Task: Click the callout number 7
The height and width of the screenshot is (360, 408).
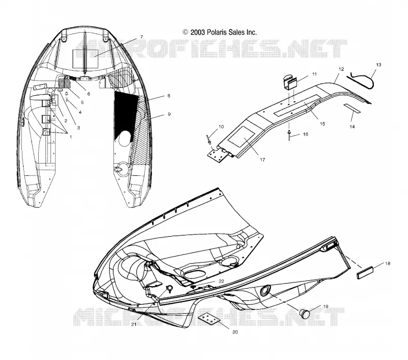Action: pos(142,37)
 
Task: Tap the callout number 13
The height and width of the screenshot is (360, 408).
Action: pos(378,65)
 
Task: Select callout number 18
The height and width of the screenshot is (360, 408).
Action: pos(388,264)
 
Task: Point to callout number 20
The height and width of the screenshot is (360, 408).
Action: pos(235,332)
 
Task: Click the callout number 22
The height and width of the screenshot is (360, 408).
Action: pos(221,281)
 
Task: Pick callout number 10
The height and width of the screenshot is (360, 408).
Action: pos(221,126)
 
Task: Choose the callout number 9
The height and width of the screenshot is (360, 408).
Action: pos(169,114)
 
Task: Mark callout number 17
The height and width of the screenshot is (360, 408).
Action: pos(262,160)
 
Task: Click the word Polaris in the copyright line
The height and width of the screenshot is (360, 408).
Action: pos(217,32)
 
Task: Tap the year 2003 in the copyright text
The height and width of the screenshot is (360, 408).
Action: pos(198,32)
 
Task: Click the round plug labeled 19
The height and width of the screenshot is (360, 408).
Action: pos(304,314)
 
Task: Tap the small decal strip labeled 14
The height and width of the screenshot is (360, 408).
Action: pos(352,108)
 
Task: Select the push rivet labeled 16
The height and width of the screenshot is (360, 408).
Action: pos(289,135)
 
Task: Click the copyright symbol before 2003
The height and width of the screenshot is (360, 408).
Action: pos(186,32)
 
